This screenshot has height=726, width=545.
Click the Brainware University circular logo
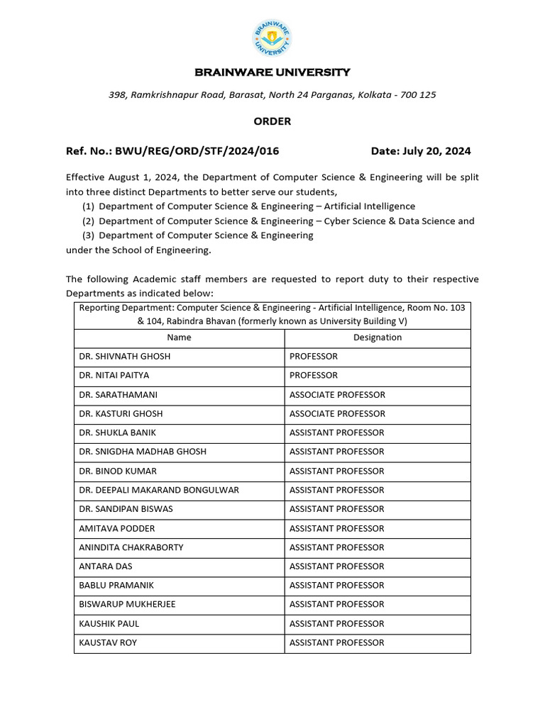pos(272,39)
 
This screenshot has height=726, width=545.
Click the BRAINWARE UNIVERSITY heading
pos(272,72)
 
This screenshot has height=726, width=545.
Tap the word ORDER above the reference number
pos(272,121)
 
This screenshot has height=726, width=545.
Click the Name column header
pos(179,337)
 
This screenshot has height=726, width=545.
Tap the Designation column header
pos(378,337)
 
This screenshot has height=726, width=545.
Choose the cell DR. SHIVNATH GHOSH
pos(125,357)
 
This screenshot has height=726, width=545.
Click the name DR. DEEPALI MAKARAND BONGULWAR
pos(159,490)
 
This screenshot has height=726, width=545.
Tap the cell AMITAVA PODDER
pos(117,528)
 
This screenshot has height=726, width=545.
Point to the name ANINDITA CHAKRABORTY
pos(131,547)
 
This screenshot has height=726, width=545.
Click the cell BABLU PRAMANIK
pos(116,586)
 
